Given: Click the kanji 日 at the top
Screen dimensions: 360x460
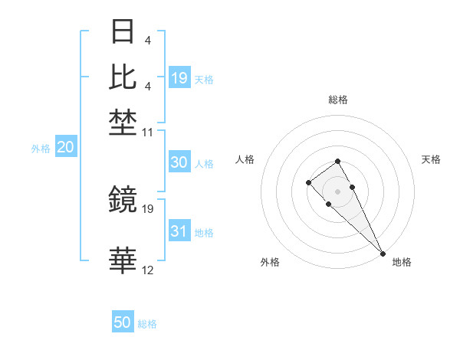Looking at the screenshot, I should coord(123,33).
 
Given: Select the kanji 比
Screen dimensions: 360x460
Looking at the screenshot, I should coord(123,77).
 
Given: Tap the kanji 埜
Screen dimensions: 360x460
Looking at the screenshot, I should coord(123,121).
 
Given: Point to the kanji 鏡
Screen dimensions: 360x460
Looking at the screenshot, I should coord(123,199).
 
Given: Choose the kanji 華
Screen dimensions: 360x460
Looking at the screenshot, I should coord(123,261).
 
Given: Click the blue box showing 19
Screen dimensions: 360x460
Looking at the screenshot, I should coord(179,77).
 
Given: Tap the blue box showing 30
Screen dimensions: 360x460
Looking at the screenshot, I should coord(179,162).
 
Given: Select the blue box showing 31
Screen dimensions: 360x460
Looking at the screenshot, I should coord(179,231).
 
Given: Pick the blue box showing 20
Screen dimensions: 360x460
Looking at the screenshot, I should coord(65,148).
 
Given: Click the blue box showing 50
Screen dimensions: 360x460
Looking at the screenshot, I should coord(123,322).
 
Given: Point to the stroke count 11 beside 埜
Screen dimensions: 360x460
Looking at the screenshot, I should coord(149,133).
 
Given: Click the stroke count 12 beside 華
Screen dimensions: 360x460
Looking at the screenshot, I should coord(149,270).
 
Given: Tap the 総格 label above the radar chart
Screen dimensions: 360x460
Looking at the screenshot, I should coord(338,100).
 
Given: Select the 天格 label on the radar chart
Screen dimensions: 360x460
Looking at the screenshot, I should coord(432,159).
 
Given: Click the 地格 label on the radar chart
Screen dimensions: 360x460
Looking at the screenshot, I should coord(402,263).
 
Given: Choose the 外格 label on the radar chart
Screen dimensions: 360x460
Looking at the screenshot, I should coord(270,263).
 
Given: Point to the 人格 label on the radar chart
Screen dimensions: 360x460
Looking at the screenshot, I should coord(245,159).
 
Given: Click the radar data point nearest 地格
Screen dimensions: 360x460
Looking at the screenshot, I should coord(383,254).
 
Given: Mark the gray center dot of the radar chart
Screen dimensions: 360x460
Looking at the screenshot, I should coord(338,191).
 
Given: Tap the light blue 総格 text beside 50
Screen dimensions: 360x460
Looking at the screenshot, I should coord(148,324).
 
